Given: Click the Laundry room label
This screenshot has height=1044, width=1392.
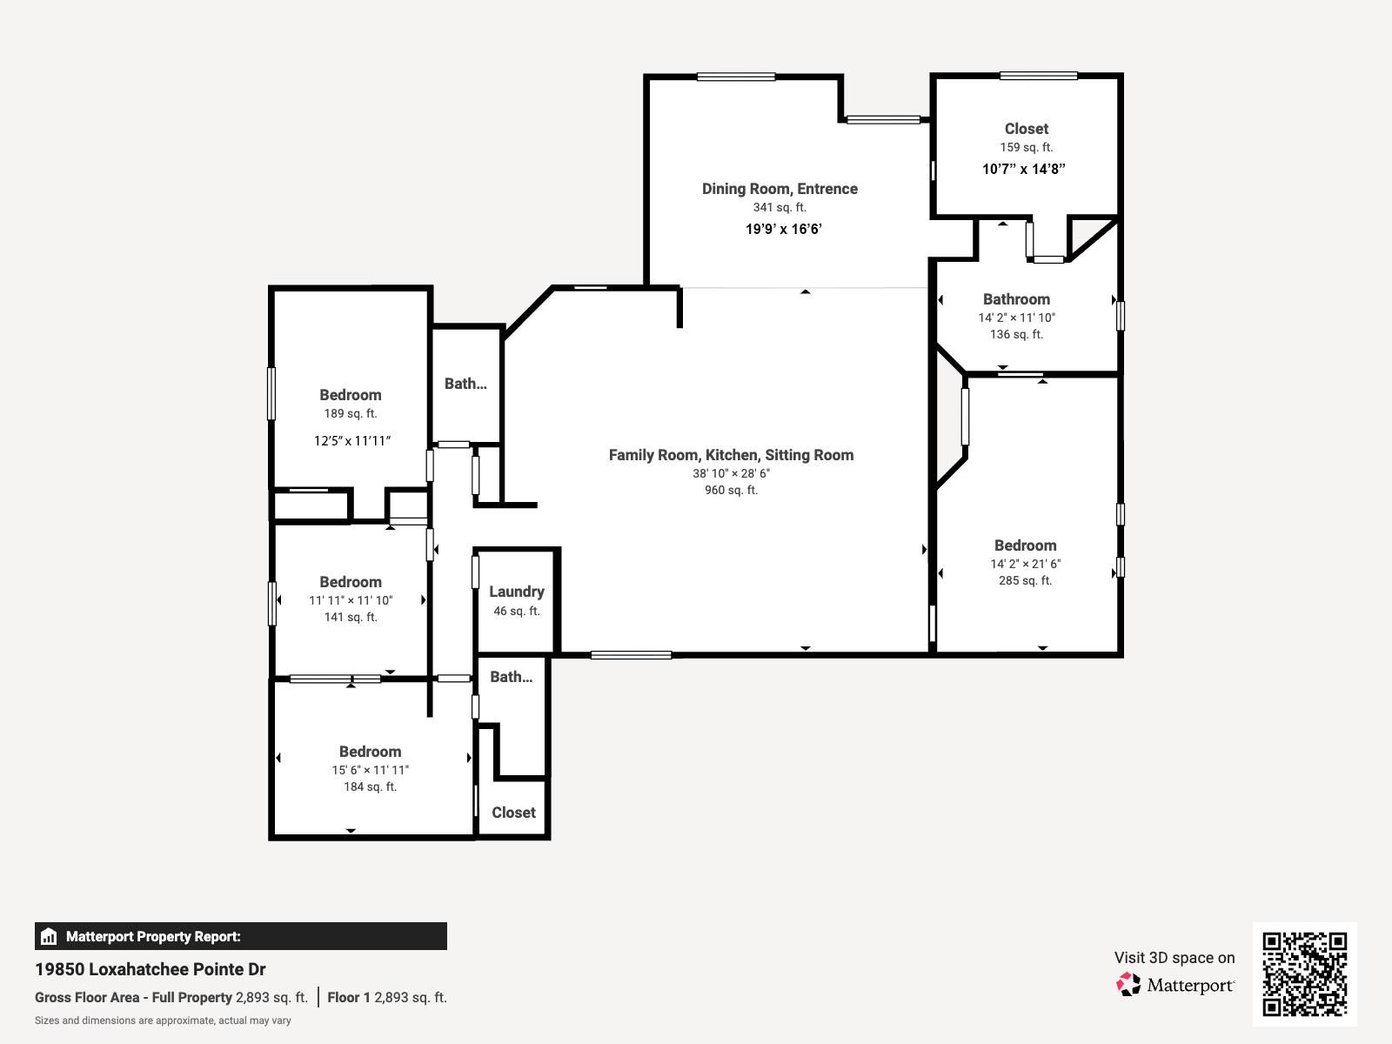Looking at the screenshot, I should point(516,592).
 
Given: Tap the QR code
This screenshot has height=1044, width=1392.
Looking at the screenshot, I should point(1304,974).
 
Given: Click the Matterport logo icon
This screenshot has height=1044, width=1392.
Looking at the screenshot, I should point(1128,985).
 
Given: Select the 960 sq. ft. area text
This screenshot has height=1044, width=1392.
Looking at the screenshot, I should point(731,491).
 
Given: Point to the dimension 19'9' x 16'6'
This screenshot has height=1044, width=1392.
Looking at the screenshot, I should point(783,230).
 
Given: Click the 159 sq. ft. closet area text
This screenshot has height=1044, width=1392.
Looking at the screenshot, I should point(1026,148).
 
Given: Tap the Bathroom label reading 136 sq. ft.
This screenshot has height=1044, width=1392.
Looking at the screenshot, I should point(1016,299).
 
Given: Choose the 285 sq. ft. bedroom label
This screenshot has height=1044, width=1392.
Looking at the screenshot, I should point(1025,580).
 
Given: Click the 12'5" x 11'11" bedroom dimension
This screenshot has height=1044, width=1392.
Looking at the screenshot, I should point(351,441).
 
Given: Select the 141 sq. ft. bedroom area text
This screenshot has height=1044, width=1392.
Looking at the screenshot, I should point(351,618).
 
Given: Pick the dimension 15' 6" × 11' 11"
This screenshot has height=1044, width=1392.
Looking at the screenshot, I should point(370,770).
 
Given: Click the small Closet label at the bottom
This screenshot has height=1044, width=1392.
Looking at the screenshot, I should point(513,813).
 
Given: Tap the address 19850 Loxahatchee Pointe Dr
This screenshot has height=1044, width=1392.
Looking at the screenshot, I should point(151,969).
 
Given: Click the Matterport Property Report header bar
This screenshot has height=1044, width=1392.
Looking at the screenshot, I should point(240,936).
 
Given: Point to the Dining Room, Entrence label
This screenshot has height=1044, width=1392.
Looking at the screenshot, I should point(780,189).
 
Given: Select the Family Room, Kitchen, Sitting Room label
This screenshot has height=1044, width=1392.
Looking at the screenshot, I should point(731,455).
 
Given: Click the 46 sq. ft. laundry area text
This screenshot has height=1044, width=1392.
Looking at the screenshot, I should point(517,612).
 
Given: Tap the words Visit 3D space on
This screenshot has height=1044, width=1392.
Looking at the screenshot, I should point(1174,958).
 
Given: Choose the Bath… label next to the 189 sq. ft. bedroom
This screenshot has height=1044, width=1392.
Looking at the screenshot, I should point(465,384).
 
